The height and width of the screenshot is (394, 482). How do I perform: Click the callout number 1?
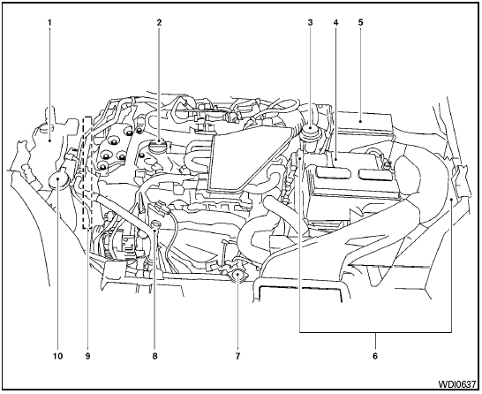pyautogui.click(x=49, y=20)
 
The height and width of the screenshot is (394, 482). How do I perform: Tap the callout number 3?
pyautogui.click(x=310, y=20)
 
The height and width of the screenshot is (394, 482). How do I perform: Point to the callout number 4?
pyautogui.click(x=335, y=20)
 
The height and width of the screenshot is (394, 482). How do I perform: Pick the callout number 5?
pyautogui.click(x=361, y=20)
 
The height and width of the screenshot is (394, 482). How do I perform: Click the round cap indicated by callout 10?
pyautogui.click(x=59, y=182)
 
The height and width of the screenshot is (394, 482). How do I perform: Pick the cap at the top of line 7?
pyautogui.click(x=237, y=277)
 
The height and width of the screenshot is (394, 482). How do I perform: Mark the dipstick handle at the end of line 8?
pyautogui.click(x=155, y=228)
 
